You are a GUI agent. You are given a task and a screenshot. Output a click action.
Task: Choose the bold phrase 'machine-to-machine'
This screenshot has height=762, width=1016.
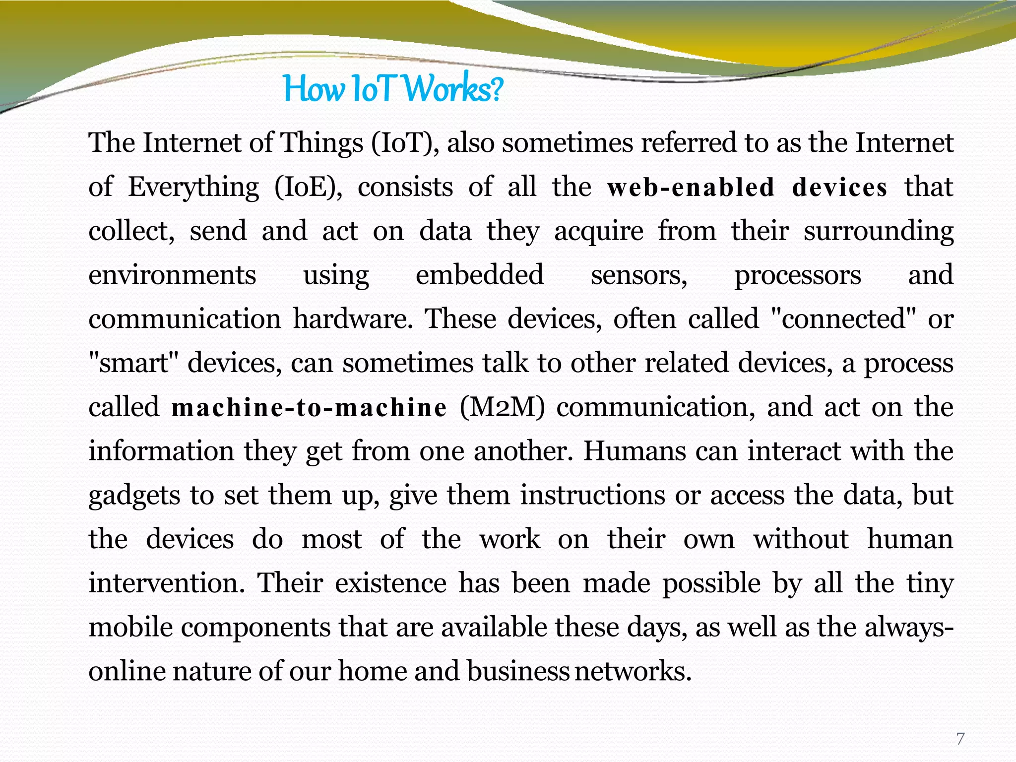coord(309,408)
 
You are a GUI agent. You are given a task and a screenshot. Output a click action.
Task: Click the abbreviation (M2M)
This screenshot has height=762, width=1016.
coord(502,408)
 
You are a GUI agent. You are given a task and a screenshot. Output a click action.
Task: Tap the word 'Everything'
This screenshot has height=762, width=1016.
coord(193,188)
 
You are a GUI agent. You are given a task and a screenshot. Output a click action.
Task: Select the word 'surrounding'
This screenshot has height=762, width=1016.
coord(879,232)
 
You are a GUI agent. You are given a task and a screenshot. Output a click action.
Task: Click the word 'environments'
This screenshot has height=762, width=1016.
coord(172,275)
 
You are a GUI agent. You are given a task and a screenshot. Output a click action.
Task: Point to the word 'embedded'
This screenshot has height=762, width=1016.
coord(480,275)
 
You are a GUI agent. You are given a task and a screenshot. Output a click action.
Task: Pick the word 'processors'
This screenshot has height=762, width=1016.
coord(798,275)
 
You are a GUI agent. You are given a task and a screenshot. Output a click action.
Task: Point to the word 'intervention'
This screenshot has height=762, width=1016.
coord(167,583)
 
